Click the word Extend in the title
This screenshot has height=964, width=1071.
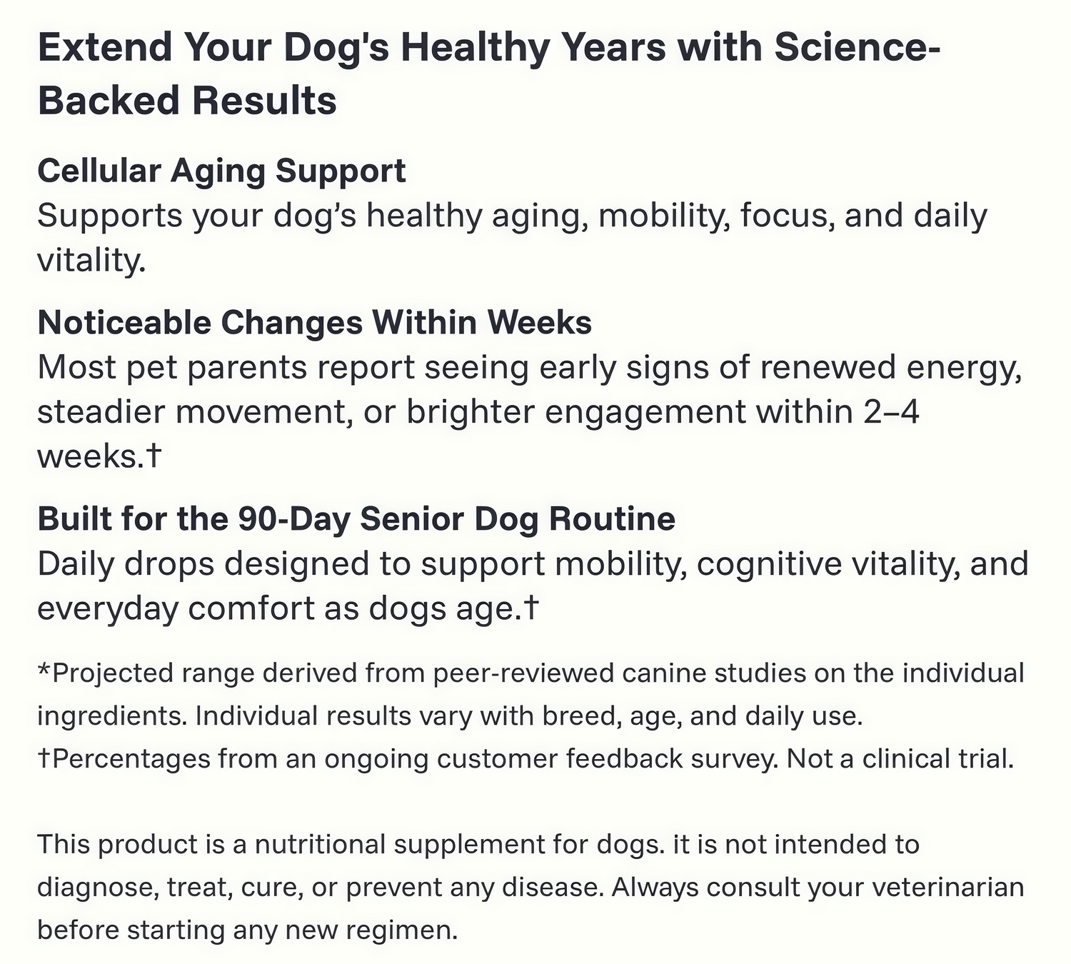coord(105,48)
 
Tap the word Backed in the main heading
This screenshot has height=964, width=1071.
coord(108,101)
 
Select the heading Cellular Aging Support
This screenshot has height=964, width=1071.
coord(221,172)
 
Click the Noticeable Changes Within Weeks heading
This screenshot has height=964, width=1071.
coord(314,323)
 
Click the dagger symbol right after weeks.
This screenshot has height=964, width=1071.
coord(153,456)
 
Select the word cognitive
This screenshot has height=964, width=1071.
coord(769,565)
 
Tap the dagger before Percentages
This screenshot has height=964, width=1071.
coord(44,759)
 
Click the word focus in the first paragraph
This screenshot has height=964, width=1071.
coord(787,216)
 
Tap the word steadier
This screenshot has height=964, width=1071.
coord(100,412)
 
